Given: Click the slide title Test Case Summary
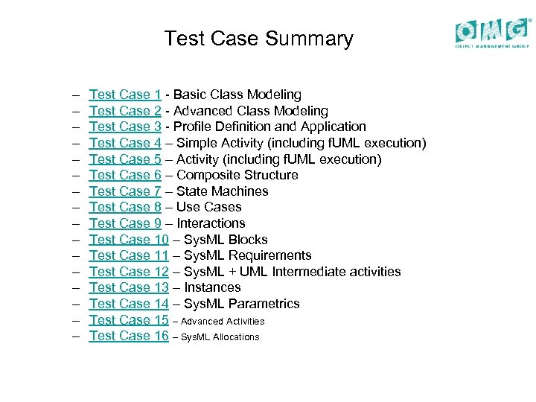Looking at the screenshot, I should coord(258,39).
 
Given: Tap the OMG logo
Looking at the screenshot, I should coord(493,32).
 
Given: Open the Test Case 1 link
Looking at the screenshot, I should coord(125,95).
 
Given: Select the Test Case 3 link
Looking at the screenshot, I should coord(125,127).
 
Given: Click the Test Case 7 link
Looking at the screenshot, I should coord(125,191).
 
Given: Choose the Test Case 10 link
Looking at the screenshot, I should coord(129,240).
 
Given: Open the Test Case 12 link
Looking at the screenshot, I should coord(129,272).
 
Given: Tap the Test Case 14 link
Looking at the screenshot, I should coord(129,304).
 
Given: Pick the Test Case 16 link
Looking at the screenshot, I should coord(129,336).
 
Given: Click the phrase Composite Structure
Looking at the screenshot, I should coord(237,175).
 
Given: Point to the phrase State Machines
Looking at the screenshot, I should coord(223,191).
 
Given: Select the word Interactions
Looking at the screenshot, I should coord(211,223).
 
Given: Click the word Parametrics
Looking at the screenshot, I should coord(264,304).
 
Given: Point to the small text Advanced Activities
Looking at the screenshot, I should coord(223,322).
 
